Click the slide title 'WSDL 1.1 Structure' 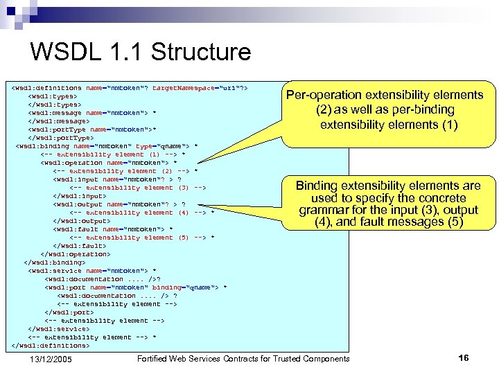(141, 52)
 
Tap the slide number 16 (464, 357)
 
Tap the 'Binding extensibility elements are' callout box (387, 204)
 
